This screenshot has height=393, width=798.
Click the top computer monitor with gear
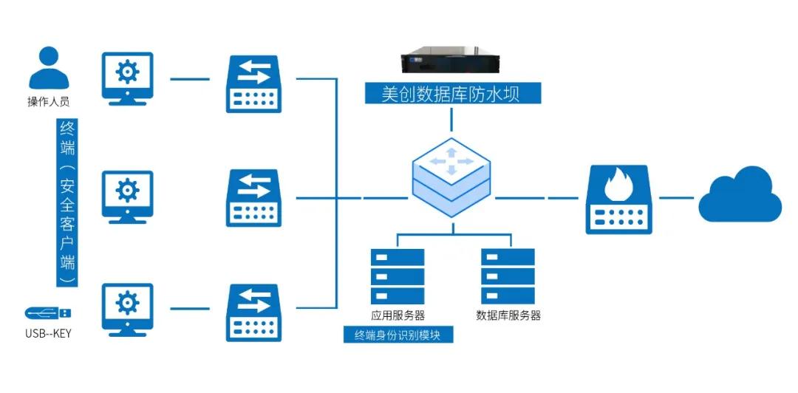point(127,78)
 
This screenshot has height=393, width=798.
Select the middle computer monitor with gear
point(127,195)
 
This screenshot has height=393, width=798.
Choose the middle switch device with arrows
point(253,197)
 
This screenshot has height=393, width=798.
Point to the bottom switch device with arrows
point(253,312)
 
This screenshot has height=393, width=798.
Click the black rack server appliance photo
point(451,63)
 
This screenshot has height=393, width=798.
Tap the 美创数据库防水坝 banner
point(453,93)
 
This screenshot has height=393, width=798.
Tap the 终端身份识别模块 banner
point(398,335)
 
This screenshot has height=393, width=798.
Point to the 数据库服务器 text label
point(508,315)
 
